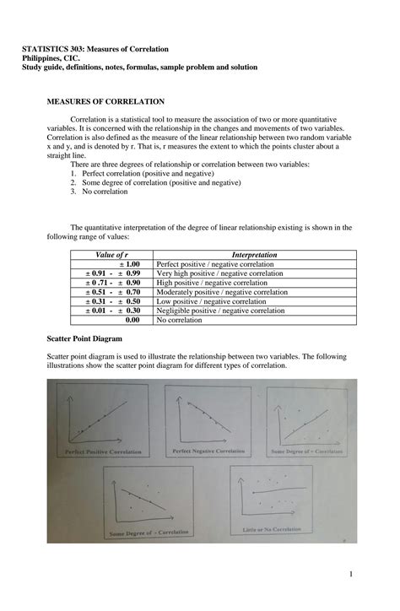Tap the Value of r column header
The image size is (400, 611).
111,254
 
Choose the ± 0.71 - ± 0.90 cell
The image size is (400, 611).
113,283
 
